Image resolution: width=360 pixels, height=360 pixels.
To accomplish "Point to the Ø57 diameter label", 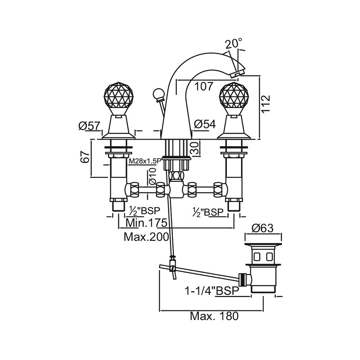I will click(89, 127).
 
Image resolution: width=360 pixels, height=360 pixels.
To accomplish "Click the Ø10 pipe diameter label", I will click(152, 176).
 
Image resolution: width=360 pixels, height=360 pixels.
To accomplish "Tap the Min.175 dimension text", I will click(147, 223).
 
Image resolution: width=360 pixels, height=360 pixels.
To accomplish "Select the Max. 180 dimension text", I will click(213, 316).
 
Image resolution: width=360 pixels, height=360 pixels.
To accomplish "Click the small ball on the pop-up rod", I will click(158, 94).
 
